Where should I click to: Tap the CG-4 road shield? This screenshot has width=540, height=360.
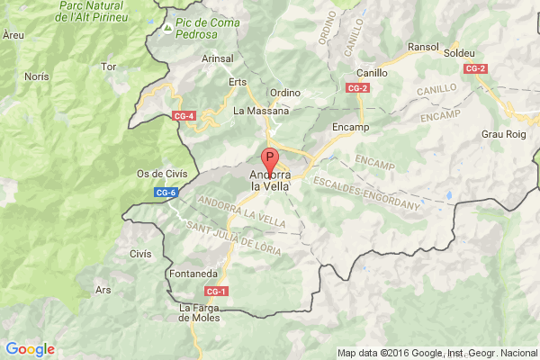click(x=184, y=115)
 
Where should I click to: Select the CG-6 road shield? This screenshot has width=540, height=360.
click(x=166, y=192)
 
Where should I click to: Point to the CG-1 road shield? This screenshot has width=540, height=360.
click(x=216, y=291)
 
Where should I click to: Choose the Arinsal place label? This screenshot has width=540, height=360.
click(x=217, y=58)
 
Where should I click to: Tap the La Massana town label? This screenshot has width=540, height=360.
click(x=261, y=111)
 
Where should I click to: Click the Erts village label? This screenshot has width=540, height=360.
click(x=238, y=81)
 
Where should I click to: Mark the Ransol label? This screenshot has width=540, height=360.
click(x=423, y=47)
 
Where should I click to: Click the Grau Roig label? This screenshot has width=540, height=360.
click(x=502, y=134)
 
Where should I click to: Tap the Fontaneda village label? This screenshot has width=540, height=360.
click(x=192, y=274)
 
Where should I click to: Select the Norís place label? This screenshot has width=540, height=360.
click(x=37, y=77)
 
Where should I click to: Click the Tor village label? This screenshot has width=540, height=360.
click(x=110, y=67)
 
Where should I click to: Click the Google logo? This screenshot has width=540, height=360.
click(x=30, y=349)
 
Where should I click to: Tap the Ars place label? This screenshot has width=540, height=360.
click(x=103, y=290)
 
